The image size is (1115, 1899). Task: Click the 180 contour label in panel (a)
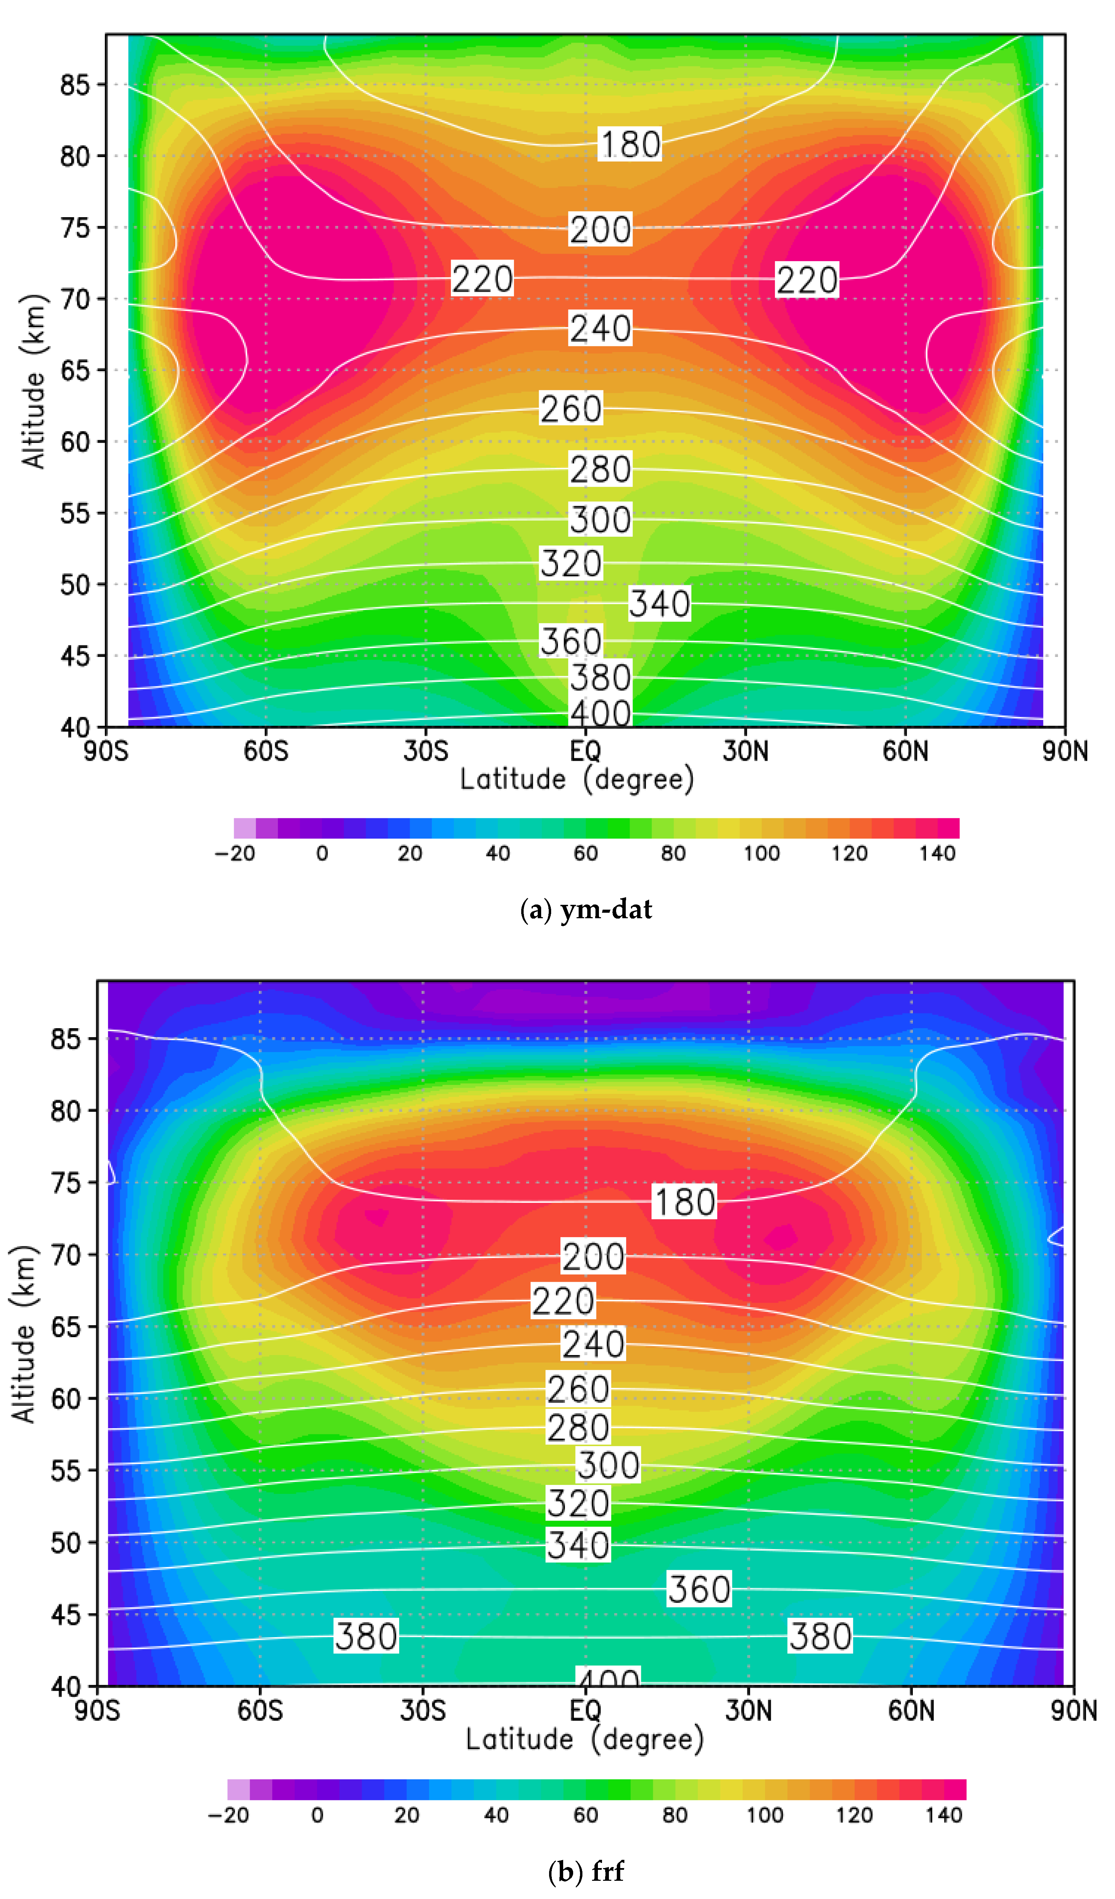(630, 144)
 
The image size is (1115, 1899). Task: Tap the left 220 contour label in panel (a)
(482, 279)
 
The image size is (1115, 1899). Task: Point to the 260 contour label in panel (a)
(571, 409)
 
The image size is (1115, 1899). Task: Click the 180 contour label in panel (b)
(684, 1202)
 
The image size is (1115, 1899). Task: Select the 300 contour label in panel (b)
(608, 1465)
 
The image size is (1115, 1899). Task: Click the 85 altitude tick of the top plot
(75, 85)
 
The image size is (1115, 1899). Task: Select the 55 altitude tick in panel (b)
(66, 1470)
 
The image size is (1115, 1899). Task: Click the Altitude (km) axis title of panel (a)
(32, 380)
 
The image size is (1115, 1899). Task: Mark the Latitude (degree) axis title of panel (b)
(584, 1739)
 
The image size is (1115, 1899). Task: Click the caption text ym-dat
(606, 910)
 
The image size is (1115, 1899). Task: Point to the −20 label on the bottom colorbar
(228, 1814)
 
